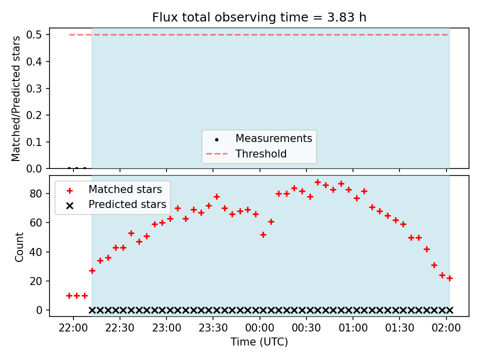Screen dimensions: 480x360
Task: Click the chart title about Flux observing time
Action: click(259, 17)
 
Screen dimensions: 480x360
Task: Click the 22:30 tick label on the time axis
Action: click(119, 328)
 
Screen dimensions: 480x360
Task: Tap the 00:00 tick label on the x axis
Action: click(259, 328)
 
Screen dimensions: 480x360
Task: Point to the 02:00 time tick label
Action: click(446, 328)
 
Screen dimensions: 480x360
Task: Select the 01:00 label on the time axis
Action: click(353, 328)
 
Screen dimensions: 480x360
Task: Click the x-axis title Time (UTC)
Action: click(259, 341)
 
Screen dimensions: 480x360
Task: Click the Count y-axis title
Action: click(19, 247)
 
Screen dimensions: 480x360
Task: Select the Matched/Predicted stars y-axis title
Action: click(15, 98)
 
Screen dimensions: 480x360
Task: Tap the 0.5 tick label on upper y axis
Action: click(33, 34)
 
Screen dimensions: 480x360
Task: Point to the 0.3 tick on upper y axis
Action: click(33, 88)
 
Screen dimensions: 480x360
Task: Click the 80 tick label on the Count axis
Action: click(35, 193)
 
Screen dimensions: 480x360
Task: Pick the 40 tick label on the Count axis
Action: click(35, 252)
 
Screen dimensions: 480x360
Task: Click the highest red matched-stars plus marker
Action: click(318, 182)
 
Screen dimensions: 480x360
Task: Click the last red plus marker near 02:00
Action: click(449, 278)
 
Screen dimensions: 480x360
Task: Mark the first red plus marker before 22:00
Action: click(69, 295)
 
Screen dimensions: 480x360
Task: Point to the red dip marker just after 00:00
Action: click(263, 235)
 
